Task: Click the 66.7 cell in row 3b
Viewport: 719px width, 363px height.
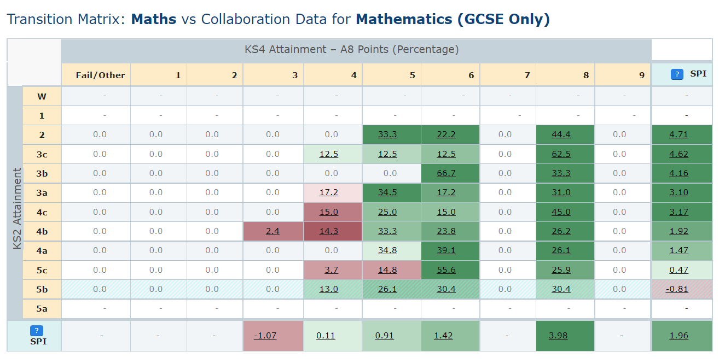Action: pos(446,173)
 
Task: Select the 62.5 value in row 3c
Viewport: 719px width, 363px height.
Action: pos(561,154)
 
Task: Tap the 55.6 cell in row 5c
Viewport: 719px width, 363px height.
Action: pos(446,270)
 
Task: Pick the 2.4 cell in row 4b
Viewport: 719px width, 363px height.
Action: pos(272,231)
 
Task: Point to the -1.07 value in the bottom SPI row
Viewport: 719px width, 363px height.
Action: pos(265,336)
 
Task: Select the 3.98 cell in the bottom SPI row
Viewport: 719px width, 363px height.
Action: pos(558,336)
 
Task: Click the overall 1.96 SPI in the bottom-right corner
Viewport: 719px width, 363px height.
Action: pos(679,336)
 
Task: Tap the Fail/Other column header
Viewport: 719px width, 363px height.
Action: pos(100,75)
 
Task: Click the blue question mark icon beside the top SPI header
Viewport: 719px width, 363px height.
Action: pos(677,74)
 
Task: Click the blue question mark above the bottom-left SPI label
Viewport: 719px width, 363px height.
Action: pos(36,330)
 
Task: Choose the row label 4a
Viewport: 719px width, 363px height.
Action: pos(42,250)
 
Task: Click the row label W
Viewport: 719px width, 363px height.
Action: pos(42,96)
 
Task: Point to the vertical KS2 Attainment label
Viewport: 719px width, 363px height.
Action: pos(16,208)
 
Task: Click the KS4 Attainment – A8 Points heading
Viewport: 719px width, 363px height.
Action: pos(351,50)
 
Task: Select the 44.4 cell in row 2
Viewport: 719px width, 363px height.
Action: pos(561,134)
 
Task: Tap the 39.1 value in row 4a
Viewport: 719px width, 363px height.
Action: pos(446,250)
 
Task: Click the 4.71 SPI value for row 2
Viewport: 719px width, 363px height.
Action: pos(679,134)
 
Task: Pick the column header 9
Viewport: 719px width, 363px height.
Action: pos(641,75)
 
